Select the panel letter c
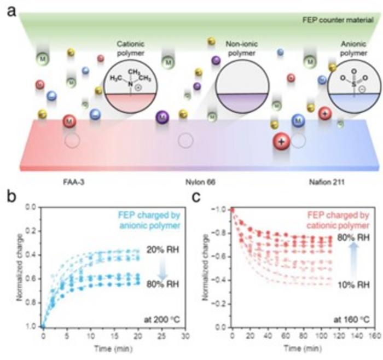point(201,195)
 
